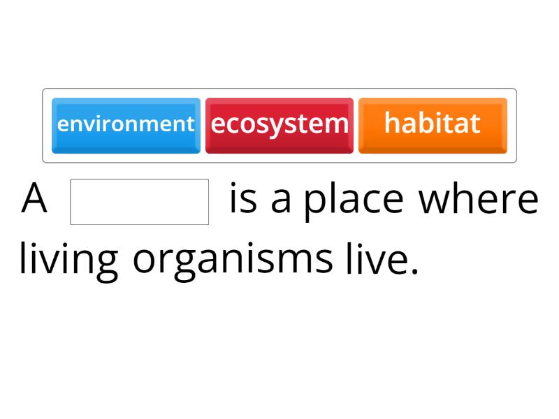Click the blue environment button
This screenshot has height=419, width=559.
click(x=126, y=125)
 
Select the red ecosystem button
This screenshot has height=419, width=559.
click(x=279, y=125)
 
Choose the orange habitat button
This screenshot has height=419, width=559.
click(x=433, y=125)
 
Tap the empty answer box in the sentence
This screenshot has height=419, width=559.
click(x=140, y=202)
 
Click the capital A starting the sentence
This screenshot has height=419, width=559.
click(x=34, y=199)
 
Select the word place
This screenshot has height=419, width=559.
click(x=354, y=200)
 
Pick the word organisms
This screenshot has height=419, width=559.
click(x=233, y=260)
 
